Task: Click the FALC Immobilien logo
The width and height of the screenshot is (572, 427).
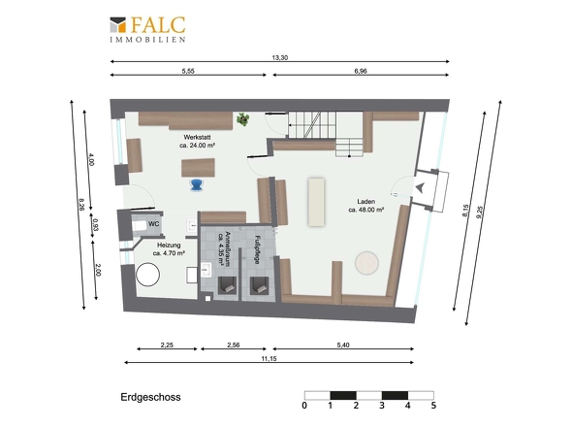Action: (x=147, y=29)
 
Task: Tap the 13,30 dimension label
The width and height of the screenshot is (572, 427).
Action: (x=280, y=57)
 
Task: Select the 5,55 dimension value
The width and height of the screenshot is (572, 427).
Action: (x=188, y=71)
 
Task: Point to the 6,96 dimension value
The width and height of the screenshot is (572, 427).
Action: (x=361, y=71)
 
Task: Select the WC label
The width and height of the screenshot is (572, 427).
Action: (x=153, y=224)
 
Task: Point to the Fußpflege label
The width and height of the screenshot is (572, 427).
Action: (x=257, y=249)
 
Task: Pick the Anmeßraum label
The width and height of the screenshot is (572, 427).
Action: (x=224, y=247)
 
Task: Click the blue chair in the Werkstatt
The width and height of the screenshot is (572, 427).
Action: (x=197, y=185)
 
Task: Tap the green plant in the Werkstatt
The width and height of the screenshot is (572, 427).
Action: (x=242, y=119)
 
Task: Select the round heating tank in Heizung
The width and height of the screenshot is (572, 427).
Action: (x=147, y=275)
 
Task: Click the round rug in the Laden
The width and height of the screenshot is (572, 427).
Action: (x=367, y=263)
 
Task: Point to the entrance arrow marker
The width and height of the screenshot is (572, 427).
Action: (x=420, y=187)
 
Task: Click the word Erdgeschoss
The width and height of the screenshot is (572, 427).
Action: (x=150, y=397)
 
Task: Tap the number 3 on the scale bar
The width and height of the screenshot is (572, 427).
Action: (x=382, y=405)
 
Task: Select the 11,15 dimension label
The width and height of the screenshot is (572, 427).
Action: (x=269, y=359)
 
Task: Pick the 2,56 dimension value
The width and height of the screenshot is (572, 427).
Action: (x=234, y=345)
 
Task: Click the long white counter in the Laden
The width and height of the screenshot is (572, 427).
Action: (x=316, y=202)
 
